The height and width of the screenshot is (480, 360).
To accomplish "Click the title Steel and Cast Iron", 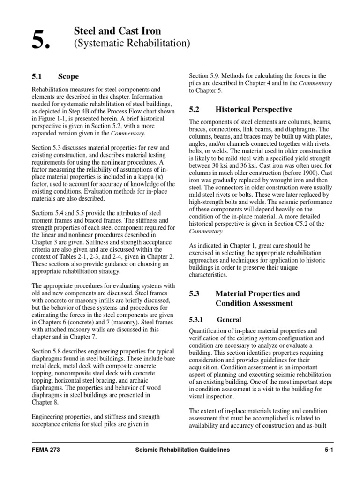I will pos(118,31).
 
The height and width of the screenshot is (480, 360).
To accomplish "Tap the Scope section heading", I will pos(68,76).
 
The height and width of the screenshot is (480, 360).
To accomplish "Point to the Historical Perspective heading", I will pos(254,109).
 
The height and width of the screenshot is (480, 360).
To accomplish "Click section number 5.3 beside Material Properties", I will pos(195,294).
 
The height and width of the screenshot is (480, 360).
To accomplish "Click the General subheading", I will pos(229,320).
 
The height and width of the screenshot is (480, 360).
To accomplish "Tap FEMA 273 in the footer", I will pos(45,450).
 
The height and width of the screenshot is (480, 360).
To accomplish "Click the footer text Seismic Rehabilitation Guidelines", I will pos(180,450).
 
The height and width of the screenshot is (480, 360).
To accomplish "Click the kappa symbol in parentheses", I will pos(153,176).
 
